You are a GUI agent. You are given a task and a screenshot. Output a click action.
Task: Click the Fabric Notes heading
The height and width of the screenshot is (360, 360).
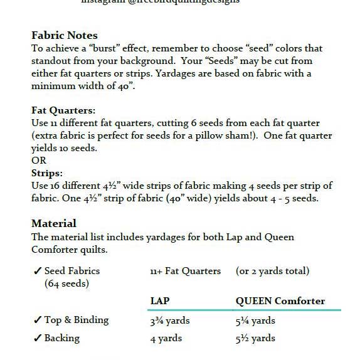65,35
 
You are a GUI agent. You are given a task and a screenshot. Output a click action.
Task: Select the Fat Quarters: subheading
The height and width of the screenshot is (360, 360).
63,110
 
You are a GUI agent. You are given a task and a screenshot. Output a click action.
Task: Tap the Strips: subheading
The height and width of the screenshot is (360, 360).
48,172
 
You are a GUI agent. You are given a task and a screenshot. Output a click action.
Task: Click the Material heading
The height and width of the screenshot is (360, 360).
54,223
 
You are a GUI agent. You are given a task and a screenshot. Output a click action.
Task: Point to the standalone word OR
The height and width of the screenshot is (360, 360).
38,161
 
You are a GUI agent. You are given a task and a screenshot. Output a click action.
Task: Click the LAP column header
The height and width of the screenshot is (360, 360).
160,301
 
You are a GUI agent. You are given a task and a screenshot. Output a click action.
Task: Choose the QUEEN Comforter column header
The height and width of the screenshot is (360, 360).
280,301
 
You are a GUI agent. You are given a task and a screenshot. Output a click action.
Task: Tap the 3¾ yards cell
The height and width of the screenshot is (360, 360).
170,320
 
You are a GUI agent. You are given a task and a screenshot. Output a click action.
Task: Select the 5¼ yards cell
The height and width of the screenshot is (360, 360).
255,320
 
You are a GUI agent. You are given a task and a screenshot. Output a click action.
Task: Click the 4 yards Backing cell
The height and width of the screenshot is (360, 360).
166,338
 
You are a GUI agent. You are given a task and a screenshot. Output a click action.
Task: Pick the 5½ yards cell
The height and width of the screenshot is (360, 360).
255,338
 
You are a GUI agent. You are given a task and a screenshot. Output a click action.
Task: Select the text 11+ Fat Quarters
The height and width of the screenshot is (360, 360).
186,271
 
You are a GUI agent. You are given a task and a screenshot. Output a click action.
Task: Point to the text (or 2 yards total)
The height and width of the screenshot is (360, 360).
272,271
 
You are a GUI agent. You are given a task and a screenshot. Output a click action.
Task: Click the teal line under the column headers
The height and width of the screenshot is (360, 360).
244,309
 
